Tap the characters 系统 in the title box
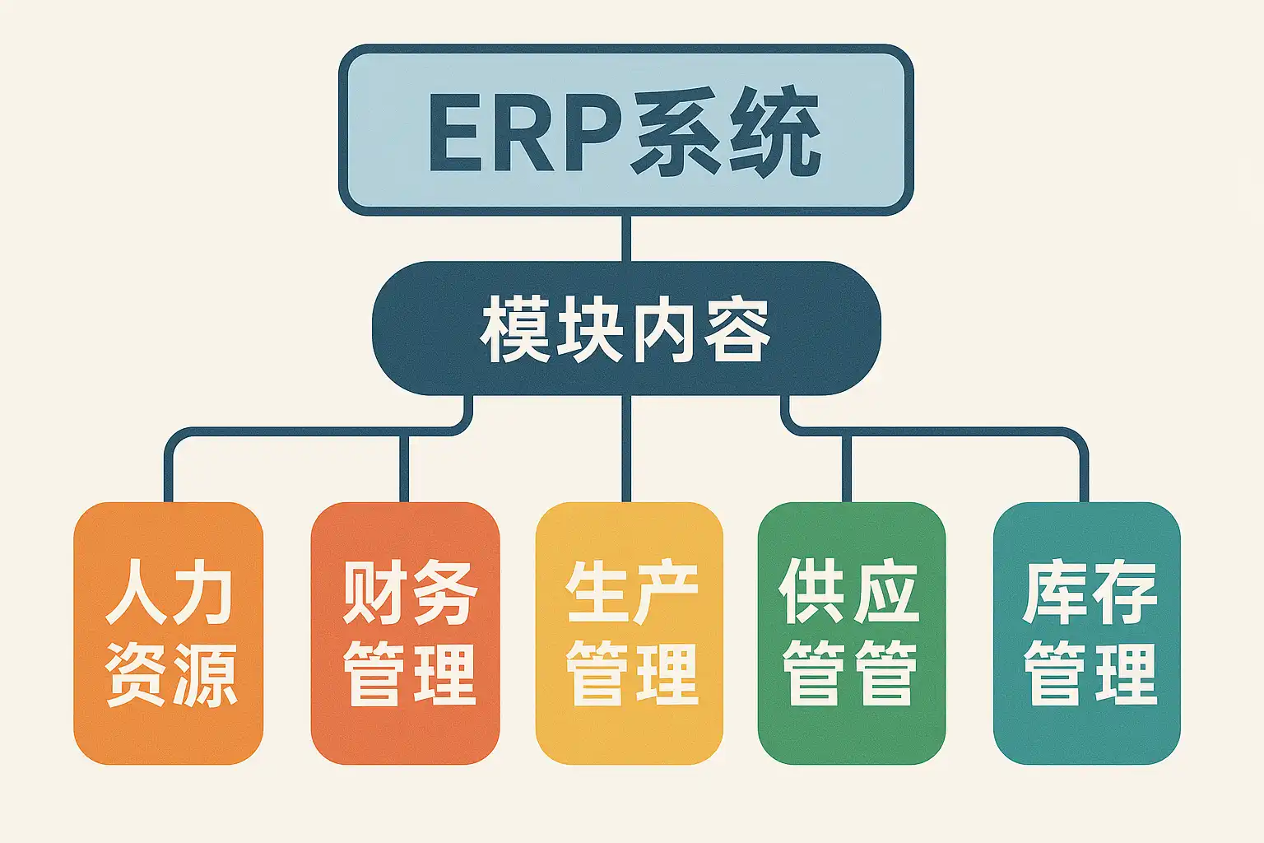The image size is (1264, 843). (724, 131)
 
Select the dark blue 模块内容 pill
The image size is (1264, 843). (625, 328)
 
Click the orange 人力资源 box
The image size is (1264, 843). (168, 633)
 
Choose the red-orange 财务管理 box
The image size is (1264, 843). (405, 633)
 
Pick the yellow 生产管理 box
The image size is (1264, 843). (630, 633)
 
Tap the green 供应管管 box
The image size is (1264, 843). (852, 633)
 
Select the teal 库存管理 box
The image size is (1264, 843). (1087, 633)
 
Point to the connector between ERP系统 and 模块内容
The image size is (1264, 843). (625, 238)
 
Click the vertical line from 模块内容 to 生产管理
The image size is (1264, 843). (625, 449)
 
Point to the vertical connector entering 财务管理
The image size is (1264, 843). (404, 468)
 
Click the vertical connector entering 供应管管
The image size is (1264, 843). (847, 468)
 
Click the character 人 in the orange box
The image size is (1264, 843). (136, 592)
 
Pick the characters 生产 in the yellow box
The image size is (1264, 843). (632, 592)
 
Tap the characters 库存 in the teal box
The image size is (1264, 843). (1090, 592)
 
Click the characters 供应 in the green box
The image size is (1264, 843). (849, 591)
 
